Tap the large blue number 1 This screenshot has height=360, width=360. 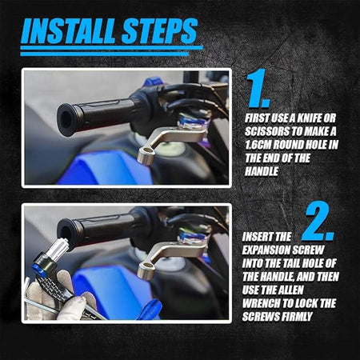tap(258, 89)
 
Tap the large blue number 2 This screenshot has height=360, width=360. tap(318, 222)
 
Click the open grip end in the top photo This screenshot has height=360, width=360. tap(66, 120)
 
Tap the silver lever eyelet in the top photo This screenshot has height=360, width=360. tap(146, 156)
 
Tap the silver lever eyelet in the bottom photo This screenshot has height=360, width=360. tap(145, 269)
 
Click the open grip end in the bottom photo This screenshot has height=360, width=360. tap(65, 232)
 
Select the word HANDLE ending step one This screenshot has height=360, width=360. tap(262, 171)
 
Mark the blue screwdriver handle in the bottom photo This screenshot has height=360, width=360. tap(150, 310)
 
